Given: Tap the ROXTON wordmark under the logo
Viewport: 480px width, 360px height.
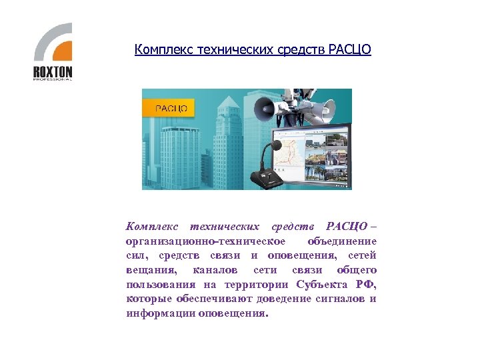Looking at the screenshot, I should (53, 72).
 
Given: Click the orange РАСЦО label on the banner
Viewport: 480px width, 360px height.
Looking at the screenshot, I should (170, 108).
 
